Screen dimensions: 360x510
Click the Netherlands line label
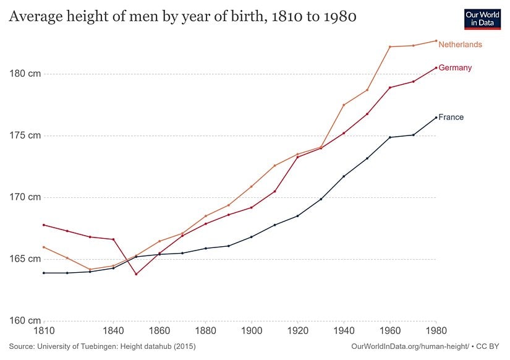tap(460, 45)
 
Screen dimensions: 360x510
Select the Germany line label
tap(455, 68)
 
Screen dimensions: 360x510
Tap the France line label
tap(451, 118)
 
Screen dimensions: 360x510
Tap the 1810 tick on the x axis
tap(44, 332)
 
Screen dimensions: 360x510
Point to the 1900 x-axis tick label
tap(252, 332)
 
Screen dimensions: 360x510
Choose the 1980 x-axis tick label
tap(436, 332)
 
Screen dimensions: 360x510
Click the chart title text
tap(182, 17)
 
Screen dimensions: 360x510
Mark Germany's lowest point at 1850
tap(136, 274)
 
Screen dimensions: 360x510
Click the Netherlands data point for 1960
tap(390, 47)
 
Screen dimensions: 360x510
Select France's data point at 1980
tap(436, 118)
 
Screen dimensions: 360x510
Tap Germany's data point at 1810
tap(44, 225)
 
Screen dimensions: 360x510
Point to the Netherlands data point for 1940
tap(344, 105)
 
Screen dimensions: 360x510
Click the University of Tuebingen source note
tap(102, 348)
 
